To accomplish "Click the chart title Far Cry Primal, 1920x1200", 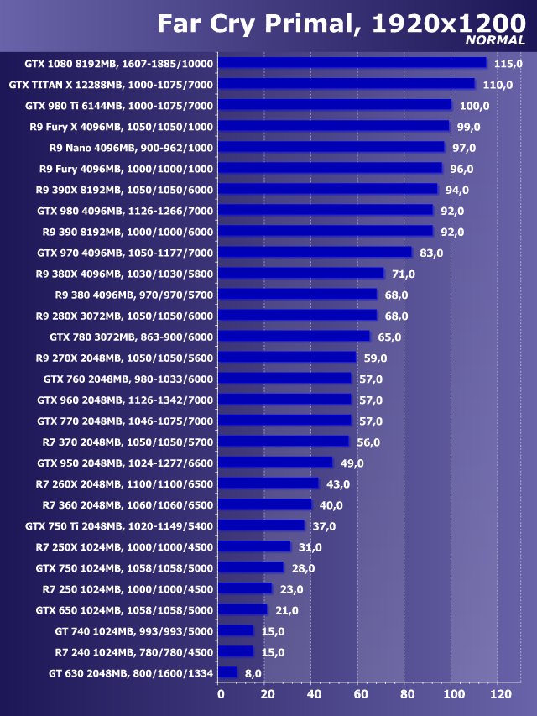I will click(x=341, y=22).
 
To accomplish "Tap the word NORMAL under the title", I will click(x=495, y=40).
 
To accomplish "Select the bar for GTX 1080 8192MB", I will click(x=353, y=63).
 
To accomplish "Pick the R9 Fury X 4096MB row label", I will click(x=131, y=127).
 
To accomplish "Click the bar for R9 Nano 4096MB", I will click(x=332, y=148).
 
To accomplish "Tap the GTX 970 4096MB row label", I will click(x=126, y=253).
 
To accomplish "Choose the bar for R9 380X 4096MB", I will click(x=302, y=274).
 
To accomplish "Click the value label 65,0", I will click(x=390, y=337).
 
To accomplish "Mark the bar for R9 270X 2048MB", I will click(x=288, y=358).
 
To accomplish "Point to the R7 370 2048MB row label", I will click(x=128, y=442).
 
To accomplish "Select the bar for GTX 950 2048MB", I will click(x=276, y=463).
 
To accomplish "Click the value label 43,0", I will click(x=340, y=484).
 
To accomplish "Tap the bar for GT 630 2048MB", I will click(x=228, y=673).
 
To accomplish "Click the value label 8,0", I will click(x=253, y=673).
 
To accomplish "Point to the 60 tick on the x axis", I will click(x=360, y=695).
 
